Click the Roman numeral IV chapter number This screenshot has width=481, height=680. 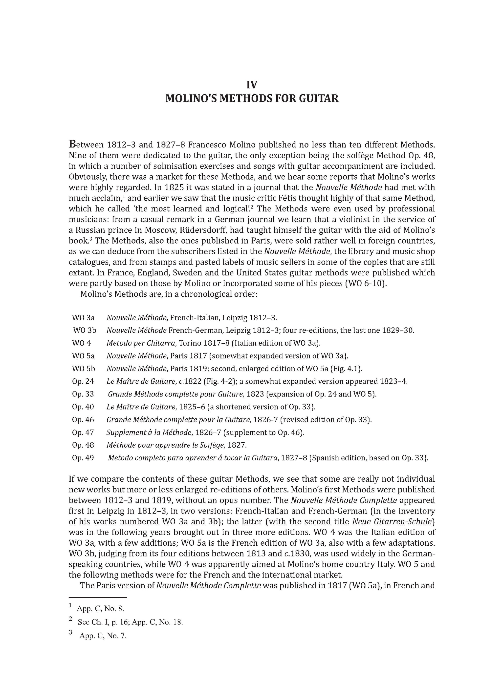[x=252, y=85]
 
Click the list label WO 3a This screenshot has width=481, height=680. [x=83, y=318]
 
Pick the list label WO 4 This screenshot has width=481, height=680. [x=81, y=343]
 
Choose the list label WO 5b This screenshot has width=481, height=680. [x=83, y=369]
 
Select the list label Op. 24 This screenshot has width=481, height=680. [x=83, y=381]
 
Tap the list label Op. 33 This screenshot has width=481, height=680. [x=83, y=394]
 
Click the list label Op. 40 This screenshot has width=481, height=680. [x=83, y=407]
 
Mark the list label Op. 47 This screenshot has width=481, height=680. [x=83, y=433]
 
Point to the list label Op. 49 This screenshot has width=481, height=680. [x=83, y=458]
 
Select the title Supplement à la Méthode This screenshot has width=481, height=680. [x=149, y=433]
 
